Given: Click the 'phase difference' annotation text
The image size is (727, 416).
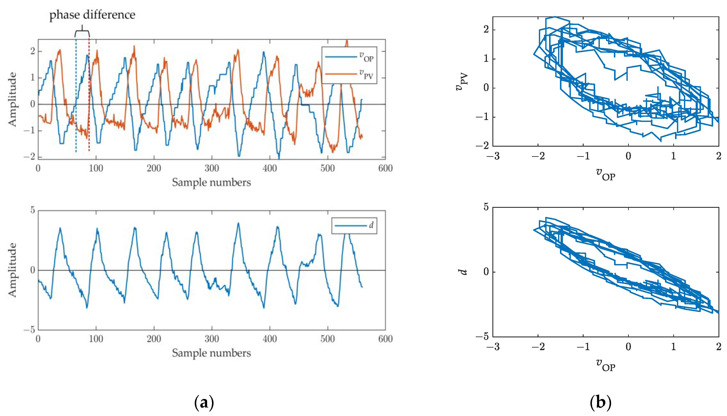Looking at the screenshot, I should pyautogui.click(x=92, y=15).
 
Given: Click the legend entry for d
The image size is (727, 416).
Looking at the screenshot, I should pyautogui.click(x=354, y=226).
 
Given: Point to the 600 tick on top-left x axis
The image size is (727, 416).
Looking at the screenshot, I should pyautogui.click(x=385, y=168).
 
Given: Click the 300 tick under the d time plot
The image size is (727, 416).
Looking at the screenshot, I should pyautogui.click(x=212, y=339).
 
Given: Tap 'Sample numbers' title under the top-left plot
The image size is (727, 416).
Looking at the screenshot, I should pyautogui.click(x=211, y=182).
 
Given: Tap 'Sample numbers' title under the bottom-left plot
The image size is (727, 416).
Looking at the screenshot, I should pyautogui.click(x=211, y=353).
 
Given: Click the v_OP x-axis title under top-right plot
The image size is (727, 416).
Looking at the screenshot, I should pyautogui.click(x=606, y=175).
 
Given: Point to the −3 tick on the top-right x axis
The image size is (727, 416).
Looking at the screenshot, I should pyautogui.click(x=493, y=156).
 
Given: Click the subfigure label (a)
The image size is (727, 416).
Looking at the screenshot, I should pyautogui.click(x=204, y=403).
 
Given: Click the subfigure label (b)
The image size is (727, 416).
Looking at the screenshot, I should pyautogui.click(x=600, y=403).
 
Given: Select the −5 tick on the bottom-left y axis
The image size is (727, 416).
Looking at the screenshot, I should pyautogui.click(x=29, y=330).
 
